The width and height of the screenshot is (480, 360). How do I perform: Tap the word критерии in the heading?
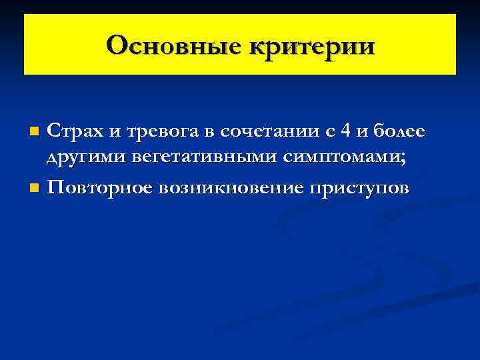tap(313, 46)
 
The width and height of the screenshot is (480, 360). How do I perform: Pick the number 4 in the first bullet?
tap(345, 131)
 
